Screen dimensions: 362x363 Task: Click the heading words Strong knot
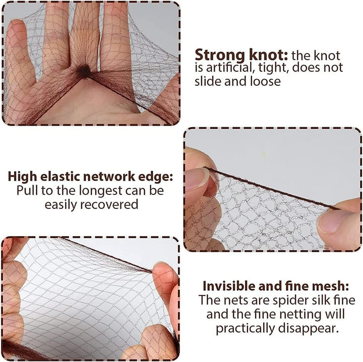click(x=241, y=55)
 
